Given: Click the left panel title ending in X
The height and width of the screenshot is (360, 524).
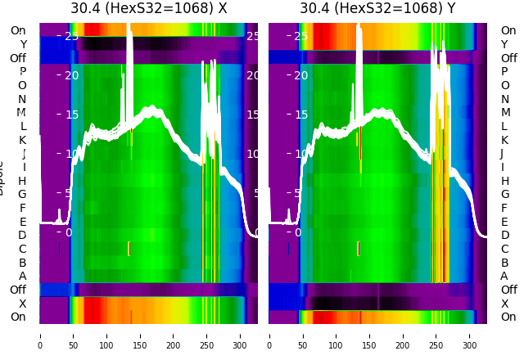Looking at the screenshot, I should [x=148, y=9].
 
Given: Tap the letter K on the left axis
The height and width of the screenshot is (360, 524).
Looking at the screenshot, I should [x=22, y=140].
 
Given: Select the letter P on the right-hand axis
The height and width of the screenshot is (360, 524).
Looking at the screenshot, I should [x=504, y=72].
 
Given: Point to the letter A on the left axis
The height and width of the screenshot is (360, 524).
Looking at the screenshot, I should [x=22, y=276].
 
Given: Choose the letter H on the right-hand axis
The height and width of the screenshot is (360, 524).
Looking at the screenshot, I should [x=504, y=181].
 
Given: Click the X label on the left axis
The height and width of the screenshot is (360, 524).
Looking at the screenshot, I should [x=22, y=303].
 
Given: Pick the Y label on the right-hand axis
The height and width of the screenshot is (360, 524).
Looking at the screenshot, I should [x=504, y=44].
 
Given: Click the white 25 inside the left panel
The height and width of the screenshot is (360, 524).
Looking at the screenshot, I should [x=71, y=36].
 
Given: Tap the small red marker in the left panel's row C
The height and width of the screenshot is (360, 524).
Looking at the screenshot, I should [x=129, y=248].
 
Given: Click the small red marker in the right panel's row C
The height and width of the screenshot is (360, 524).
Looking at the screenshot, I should [x=359, y=248].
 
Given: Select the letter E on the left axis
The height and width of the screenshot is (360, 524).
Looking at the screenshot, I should [x=22, y=222].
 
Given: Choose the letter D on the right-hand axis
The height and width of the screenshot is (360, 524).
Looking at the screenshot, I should [x=504, y=235].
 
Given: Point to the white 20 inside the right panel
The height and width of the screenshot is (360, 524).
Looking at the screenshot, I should [x=300, y=75].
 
